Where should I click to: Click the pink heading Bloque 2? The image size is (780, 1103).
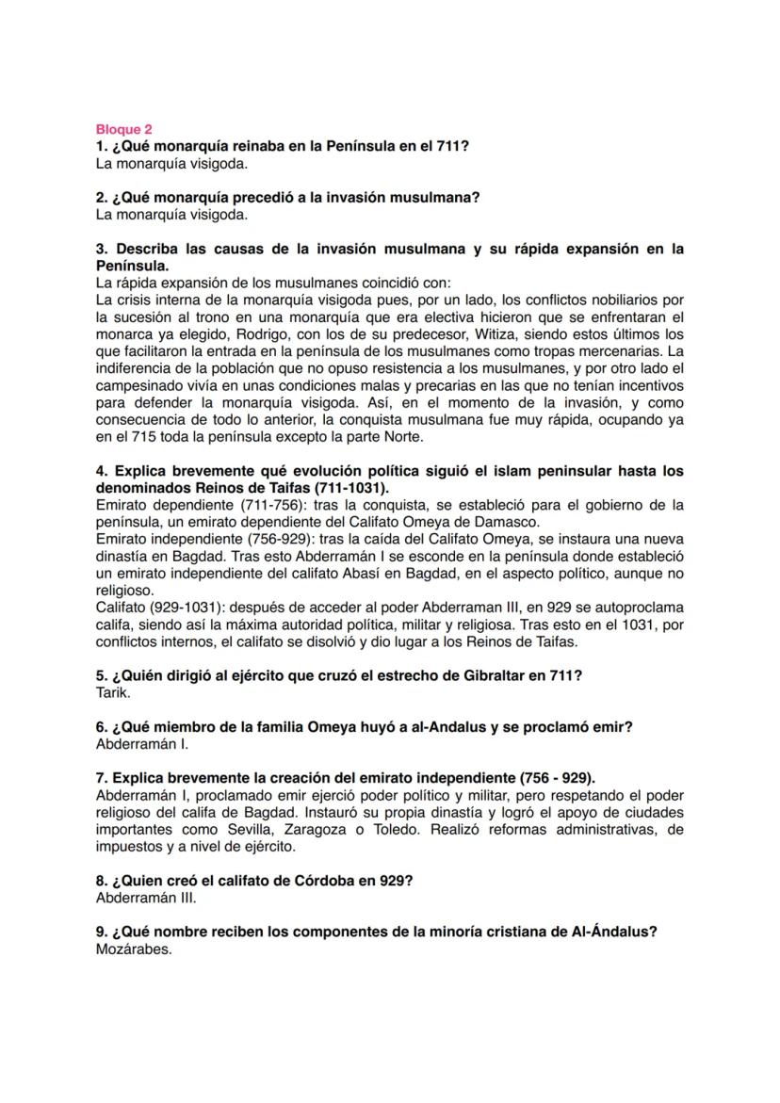[x=123, y=129]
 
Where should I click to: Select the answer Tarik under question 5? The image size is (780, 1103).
[x=113, y=692]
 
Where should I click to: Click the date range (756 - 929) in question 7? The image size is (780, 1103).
[x=557, y=777]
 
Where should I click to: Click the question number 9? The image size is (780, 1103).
[x=102, y=932]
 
